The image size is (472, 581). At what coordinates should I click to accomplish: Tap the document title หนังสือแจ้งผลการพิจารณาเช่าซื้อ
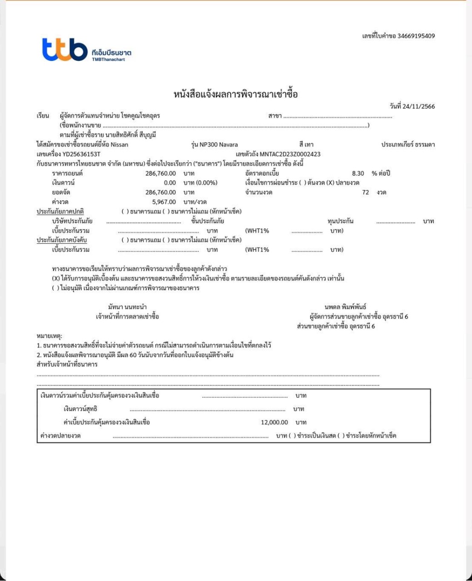point(236,95)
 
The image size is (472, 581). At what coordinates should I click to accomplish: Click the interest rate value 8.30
point(358,173)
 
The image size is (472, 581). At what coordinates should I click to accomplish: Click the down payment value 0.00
point(170,183)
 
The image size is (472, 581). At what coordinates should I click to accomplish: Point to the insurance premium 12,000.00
point(274,423)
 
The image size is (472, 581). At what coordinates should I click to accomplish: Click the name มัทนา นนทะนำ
point(127,307)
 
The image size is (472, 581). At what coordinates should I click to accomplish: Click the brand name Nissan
point(119,145)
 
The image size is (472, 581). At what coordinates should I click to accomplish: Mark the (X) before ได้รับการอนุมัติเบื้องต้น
point(56,278)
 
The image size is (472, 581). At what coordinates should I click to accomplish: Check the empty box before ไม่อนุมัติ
point(56,288)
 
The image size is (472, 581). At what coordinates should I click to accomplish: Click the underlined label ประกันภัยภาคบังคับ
point(62,240)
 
